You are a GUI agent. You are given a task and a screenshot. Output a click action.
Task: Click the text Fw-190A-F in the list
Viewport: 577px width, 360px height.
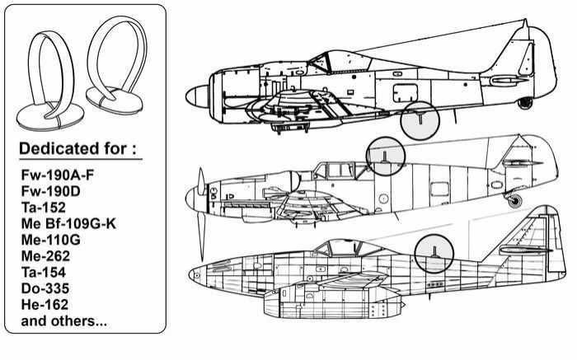coord(58,175)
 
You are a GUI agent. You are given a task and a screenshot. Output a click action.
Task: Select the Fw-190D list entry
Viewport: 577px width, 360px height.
coord(51,191)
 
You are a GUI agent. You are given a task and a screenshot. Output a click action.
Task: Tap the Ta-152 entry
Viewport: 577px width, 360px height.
coord(44,208)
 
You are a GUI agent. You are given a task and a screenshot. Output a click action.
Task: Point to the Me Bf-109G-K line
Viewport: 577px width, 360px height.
coord(68,223)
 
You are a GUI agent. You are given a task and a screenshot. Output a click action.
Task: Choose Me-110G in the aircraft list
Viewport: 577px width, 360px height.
coord(51,240)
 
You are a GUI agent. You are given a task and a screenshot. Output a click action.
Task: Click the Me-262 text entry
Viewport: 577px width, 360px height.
coord(45,256)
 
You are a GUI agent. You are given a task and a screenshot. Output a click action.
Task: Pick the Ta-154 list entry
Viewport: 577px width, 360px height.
coord(44,272)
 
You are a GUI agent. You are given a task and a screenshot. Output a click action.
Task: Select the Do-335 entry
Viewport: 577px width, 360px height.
coord(45,288)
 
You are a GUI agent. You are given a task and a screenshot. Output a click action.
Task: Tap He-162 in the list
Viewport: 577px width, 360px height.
coord(45,305)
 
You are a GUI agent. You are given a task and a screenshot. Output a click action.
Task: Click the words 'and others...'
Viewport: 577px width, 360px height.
coord(64,321)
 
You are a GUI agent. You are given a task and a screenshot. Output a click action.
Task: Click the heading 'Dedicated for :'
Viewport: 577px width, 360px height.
coord(77,148)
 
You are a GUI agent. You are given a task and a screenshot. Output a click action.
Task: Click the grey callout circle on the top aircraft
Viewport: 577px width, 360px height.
coord(420,120)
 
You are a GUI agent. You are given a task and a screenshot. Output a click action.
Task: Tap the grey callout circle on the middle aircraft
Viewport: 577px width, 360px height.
coord(385,157)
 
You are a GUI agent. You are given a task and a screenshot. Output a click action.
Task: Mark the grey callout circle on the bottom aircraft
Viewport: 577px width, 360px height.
coord(434,254)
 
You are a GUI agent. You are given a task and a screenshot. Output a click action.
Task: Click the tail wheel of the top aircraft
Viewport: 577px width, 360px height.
coord(524,103)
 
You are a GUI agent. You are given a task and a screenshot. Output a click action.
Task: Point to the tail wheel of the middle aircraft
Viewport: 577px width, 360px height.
coord(515,201)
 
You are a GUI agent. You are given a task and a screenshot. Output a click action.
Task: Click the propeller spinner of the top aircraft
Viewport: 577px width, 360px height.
coord(197,96)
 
